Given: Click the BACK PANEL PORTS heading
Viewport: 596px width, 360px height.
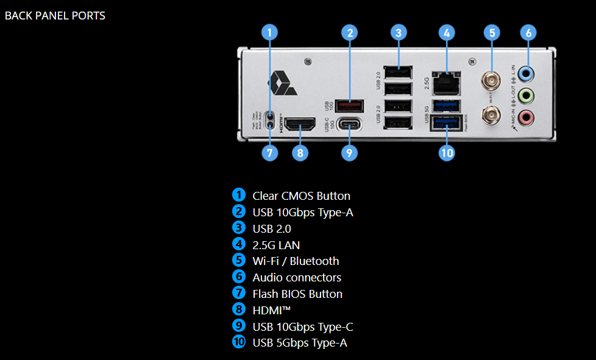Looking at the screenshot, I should point(55,16).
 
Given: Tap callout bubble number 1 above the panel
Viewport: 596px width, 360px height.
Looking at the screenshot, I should point(270,32).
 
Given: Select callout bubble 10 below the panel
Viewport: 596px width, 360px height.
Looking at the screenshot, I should point(447,152).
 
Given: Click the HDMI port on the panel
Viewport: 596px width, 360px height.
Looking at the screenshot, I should point(300,125).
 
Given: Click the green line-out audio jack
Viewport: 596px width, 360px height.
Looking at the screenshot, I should point(528,96).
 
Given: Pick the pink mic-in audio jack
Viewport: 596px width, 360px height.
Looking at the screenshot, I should point(528,117).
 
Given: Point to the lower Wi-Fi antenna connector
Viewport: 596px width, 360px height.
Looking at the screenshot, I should point(491,113).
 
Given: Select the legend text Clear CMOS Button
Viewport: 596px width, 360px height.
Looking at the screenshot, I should point(301,196).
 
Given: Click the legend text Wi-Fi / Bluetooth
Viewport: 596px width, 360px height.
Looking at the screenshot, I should point(296,261).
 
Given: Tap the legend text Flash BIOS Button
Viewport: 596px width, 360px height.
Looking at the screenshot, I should point(297,294).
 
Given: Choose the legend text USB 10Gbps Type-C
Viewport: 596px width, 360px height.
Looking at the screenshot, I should point(303,326).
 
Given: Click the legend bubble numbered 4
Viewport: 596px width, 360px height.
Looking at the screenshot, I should point(239,244).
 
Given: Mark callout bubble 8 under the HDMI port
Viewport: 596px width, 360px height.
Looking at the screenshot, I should point(300,152).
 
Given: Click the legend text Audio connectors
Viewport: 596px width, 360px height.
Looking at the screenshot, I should point(297,277).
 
